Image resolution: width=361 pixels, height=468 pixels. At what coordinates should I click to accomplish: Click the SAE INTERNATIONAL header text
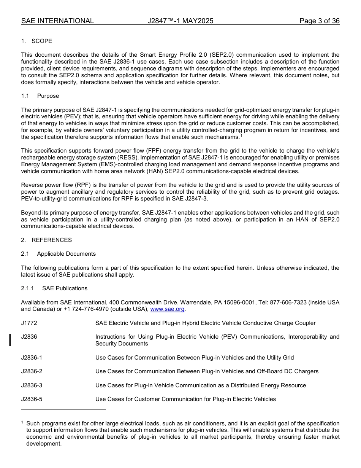click(57, 21)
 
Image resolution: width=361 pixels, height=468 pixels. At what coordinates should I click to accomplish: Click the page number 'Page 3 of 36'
click(319, 21)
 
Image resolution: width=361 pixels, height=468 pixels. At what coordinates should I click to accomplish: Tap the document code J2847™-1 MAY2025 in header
click(180, 21)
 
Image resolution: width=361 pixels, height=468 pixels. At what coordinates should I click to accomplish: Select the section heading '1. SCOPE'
click(37, 41)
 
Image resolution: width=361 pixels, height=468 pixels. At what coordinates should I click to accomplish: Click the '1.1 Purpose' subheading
click(40, 96)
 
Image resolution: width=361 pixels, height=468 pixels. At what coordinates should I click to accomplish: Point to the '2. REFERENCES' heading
click(46, 240)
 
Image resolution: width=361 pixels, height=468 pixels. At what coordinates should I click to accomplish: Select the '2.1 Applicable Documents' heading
click(59, 254)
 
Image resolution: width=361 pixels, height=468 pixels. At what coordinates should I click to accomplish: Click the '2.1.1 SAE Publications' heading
click(54, 288)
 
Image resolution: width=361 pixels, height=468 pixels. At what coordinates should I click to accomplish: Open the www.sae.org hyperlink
click(167, 309)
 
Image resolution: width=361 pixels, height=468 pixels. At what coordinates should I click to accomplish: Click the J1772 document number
click(29, 323)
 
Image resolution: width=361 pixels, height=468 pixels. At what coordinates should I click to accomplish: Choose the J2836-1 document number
click(32, 358)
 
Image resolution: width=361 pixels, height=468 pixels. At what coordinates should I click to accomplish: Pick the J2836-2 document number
click(32, 371)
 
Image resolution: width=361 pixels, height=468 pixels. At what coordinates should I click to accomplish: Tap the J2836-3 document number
click(32, 385)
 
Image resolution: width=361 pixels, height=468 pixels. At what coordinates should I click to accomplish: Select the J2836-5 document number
click(32, 399)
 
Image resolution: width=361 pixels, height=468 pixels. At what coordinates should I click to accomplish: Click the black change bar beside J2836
click(10, 340)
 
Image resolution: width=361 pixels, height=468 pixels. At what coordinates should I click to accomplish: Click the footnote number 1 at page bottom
click(22, 422)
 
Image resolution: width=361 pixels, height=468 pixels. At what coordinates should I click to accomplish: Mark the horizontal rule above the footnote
click(63, 410)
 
